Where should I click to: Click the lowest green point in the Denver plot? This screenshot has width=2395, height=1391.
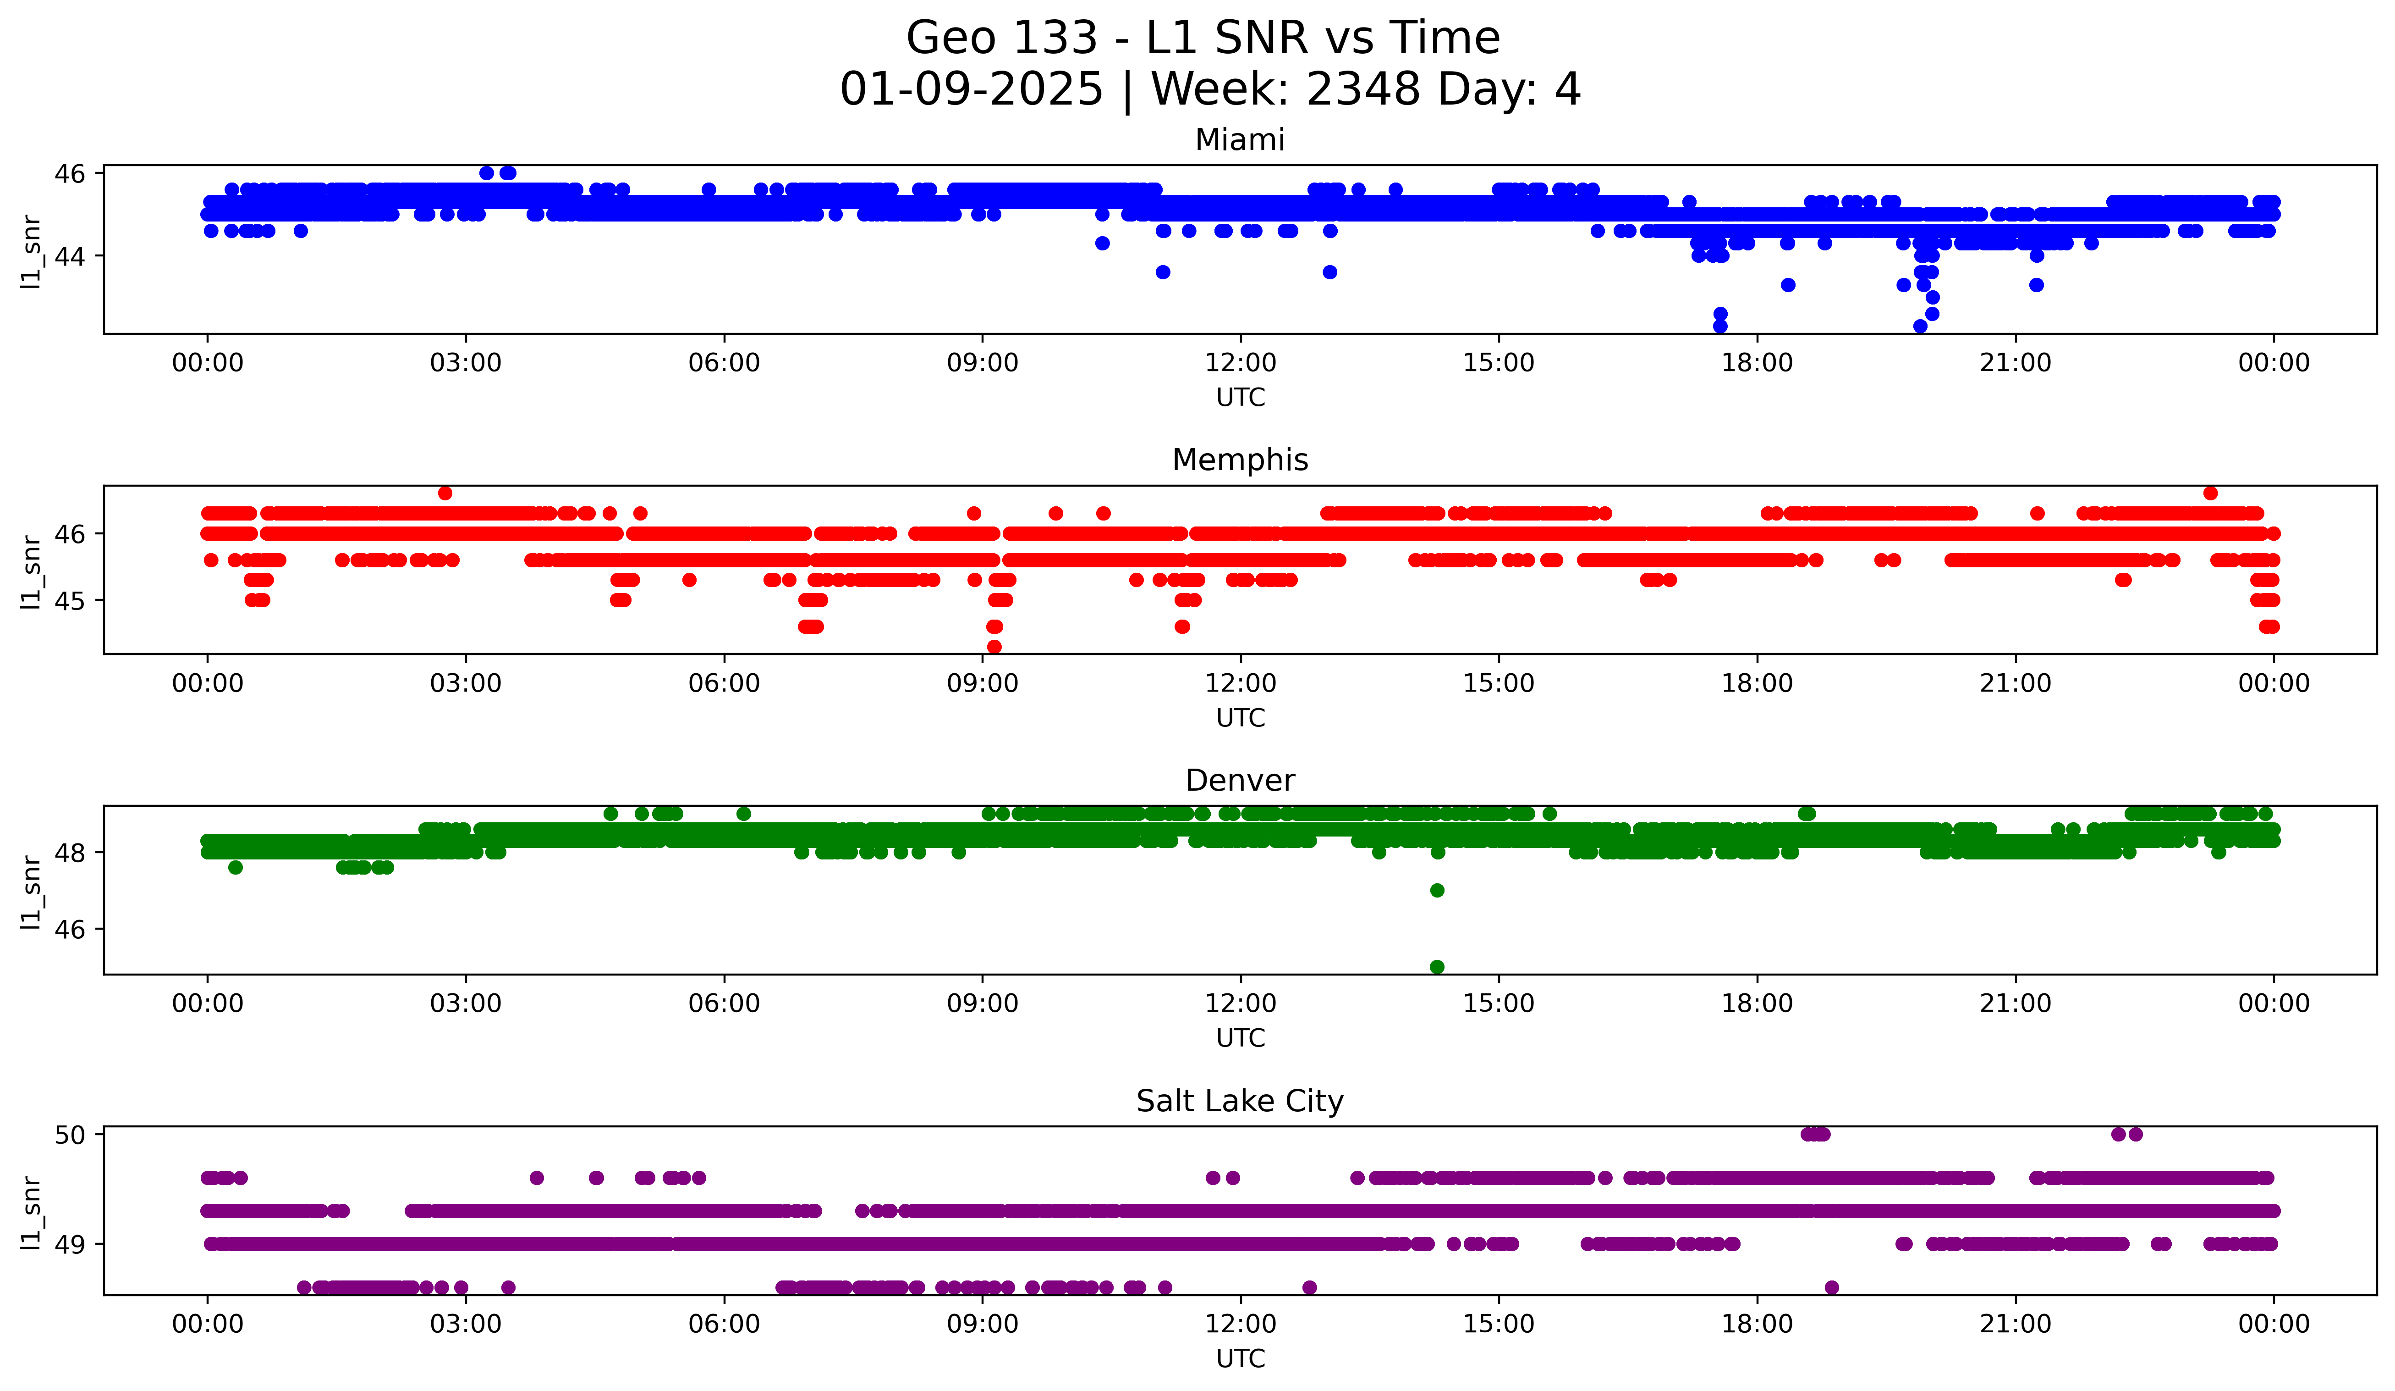1437,967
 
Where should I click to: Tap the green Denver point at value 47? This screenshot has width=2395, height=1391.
1437,890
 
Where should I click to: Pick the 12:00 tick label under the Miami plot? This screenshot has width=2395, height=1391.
1240,363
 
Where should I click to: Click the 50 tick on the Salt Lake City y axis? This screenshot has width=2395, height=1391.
69,1134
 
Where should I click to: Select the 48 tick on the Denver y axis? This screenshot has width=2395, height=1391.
69,853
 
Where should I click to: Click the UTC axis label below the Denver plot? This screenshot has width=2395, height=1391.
1240,1038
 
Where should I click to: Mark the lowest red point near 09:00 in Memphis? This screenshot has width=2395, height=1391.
994,647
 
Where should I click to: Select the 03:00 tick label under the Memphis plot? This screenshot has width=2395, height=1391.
466,684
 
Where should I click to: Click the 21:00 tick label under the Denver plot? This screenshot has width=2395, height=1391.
2015,1004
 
